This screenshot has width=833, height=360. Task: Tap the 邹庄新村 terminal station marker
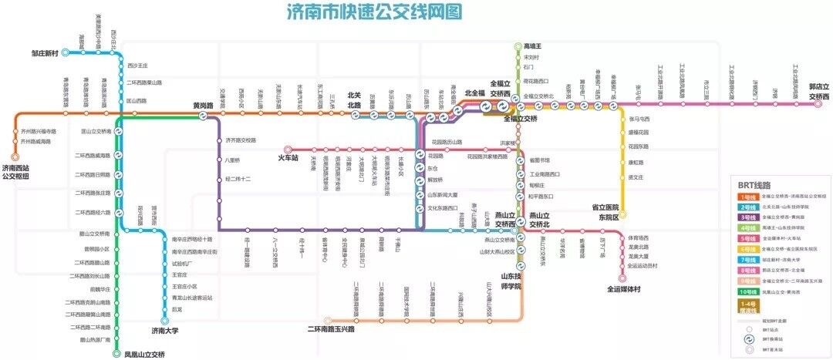coord(66,52)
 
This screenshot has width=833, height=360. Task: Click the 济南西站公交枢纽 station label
coord(16,171)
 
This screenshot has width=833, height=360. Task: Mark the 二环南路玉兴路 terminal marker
coord(329,320)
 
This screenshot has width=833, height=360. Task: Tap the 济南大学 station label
coord(164,330)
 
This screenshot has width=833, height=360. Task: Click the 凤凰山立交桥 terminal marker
coord(117,355)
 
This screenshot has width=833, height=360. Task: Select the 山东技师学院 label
coord(512,281)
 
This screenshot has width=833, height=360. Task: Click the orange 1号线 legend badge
coord(747,197)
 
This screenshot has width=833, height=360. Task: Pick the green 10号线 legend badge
coord(747,291)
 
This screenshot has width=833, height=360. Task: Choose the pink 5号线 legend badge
coord(747,239)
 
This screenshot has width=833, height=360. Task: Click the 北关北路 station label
coord(355,100)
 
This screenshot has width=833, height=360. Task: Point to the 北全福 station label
coord(474,93)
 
